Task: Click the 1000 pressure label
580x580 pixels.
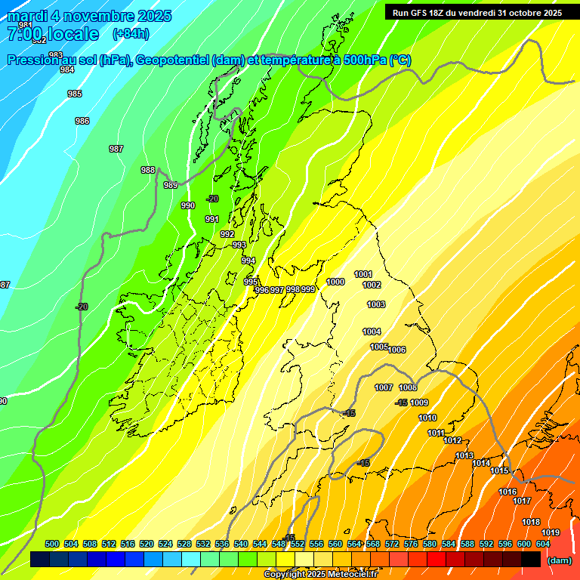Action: [x=335, y=282]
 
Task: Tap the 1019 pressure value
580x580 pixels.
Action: [x=551, y=532]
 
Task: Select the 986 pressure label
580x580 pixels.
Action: [x=82, y=121]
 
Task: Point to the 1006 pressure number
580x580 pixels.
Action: [x=397, y=350]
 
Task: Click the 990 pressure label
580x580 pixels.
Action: [x=188, y=205]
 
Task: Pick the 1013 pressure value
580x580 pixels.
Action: [x=464, y=455]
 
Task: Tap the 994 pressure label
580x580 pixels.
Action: [x=248, y=261]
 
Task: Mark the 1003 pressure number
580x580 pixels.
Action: [x=376, y=304]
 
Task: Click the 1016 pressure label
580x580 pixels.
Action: [x=507, y=492]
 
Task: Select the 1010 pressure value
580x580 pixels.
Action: [x=427, y=418]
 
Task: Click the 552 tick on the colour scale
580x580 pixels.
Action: [x=298, y=544]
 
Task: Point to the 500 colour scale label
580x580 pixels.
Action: [x=52, y=544]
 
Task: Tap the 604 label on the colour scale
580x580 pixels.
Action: [x=543, y=544]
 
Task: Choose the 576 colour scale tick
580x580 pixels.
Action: [x=411, y=544]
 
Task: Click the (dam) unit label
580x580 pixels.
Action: [x=559, y=560]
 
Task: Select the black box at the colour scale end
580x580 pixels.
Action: [x=531, y=559]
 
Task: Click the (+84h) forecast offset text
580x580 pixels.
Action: [x=131, y=33]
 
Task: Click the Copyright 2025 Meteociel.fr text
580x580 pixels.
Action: [x=320, y=575]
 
